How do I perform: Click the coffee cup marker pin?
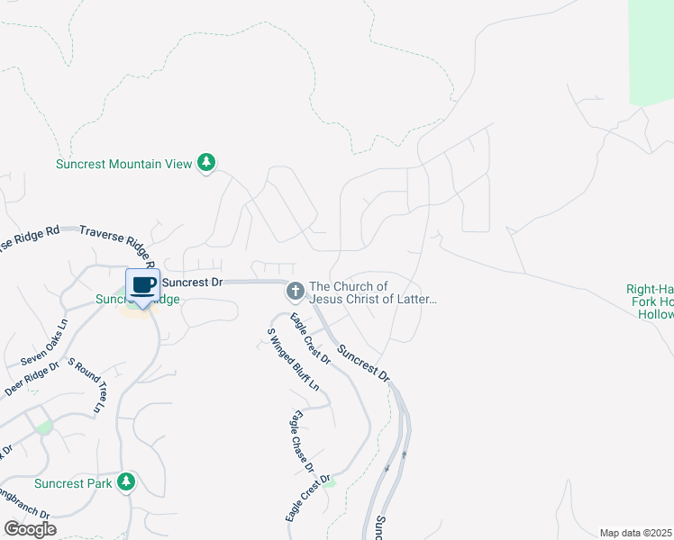pyautogui.click(x=142, y=286)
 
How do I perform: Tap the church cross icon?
pyautogui.click(x=295, y=291)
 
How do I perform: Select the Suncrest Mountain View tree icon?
pyautogui.click(x=207, y=163)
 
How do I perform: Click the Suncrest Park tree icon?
pyautogui.click(x=128, y=483)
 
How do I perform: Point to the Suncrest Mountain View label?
pyautogui.click(x=123, y=164)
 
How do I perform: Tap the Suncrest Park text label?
pyautogui.click(x=80, y=484)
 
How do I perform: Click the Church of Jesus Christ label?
pyautogui.click(x=372, y=292)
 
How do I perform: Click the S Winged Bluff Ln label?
pyautogui.click(x=293, y=357)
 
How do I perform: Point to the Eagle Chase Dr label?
pyautogui.click(x=302, y=441)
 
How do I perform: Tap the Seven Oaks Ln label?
pyautogui.click(x=44, y=343)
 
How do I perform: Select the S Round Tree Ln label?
pyautogui.click(x=87, y=384)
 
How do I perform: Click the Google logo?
pyautogui.click(x=30, y=529)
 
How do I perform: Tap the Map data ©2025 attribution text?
pyautogui.click(x=636, y=533)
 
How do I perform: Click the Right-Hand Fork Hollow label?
pyautogui.click(x=650, y=302)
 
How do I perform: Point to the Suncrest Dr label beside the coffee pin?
pyautogui.click(x=192, y=282)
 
